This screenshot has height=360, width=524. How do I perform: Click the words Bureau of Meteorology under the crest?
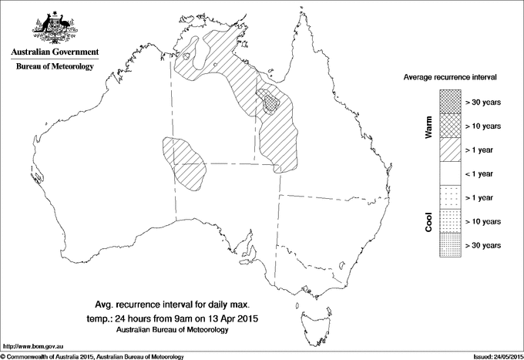(x=55, y=67)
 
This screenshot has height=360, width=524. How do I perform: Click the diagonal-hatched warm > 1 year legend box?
(x=451, y=150)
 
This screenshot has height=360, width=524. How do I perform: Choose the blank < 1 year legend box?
(x=451, y=173)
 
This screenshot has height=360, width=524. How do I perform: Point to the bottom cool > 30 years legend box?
(x=451, y=244)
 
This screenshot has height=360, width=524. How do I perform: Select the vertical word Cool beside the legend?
(x=429, y=221)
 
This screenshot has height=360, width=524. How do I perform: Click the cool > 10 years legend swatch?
(x=451, y=221)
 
